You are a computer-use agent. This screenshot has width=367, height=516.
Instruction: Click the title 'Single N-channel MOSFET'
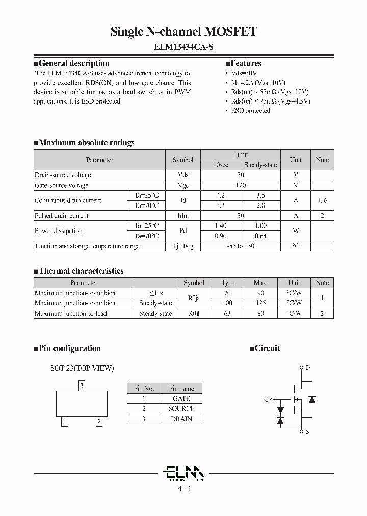click(183, 32)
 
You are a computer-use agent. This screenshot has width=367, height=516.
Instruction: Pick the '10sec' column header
click(220, 165)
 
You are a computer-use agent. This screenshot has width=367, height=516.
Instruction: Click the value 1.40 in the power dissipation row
click(220, 225)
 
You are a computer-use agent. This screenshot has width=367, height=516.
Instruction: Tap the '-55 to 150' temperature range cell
click(240, 246)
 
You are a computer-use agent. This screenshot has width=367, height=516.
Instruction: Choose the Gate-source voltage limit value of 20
click(240, 185)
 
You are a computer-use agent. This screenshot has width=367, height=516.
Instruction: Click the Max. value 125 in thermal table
click(260, 303)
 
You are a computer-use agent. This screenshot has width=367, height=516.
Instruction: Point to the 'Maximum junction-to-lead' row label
click(70, 314)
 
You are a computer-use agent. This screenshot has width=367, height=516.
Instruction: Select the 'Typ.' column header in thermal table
click(227, 283)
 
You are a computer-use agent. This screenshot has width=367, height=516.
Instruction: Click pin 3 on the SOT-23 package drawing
click(82, 385)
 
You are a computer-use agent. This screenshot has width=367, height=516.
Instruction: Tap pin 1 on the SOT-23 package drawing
click(65, 421)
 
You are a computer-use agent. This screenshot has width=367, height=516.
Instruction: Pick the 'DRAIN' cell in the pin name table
click(181, 419)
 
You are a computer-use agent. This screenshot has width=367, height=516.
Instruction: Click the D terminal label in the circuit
click(307, 367)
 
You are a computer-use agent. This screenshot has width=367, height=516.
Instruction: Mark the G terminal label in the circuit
click(266, 400)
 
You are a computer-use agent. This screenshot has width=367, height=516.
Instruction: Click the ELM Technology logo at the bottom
click(185, 473)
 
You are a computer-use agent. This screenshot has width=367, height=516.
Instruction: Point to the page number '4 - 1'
click(184, 489)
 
